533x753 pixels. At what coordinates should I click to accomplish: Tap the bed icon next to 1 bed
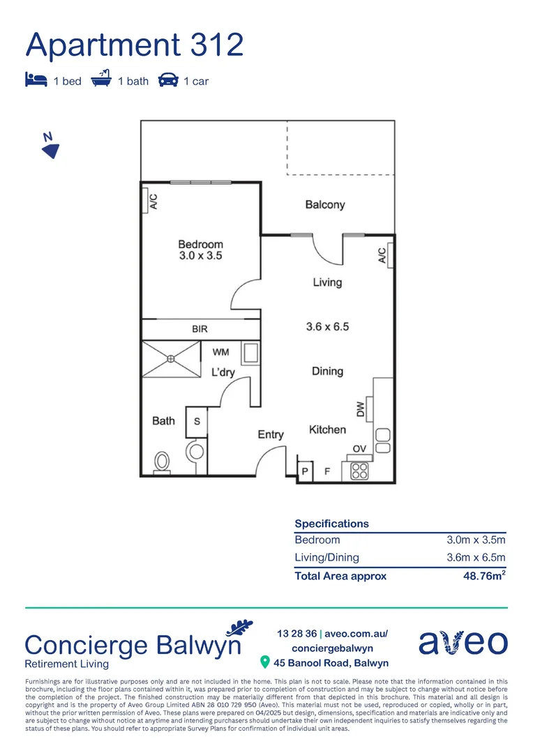[36, 80]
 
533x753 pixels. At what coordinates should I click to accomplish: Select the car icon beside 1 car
[167, 80]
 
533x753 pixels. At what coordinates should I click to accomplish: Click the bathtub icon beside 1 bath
[102, 79]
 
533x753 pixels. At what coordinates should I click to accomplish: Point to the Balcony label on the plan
[325, 205]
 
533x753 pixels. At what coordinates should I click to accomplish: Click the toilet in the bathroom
[163, 462]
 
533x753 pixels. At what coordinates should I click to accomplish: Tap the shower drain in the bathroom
[171, 360]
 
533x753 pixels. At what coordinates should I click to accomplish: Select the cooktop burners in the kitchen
[360, 471]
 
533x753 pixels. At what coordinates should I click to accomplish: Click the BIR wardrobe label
[200, 329]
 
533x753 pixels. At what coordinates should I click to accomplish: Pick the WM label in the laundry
[220, 352]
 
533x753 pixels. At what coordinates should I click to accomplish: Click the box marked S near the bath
[197, 422]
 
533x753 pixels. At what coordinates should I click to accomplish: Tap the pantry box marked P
[305, 471]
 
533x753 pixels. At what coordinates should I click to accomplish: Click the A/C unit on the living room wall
[382, 257]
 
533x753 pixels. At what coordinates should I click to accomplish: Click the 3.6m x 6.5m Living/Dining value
[476, 557]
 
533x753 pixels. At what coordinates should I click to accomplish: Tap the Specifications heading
[331, 524]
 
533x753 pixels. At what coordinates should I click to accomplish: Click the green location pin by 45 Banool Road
[264, 662]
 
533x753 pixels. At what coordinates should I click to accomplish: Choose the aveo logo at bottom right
[463, 642]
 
